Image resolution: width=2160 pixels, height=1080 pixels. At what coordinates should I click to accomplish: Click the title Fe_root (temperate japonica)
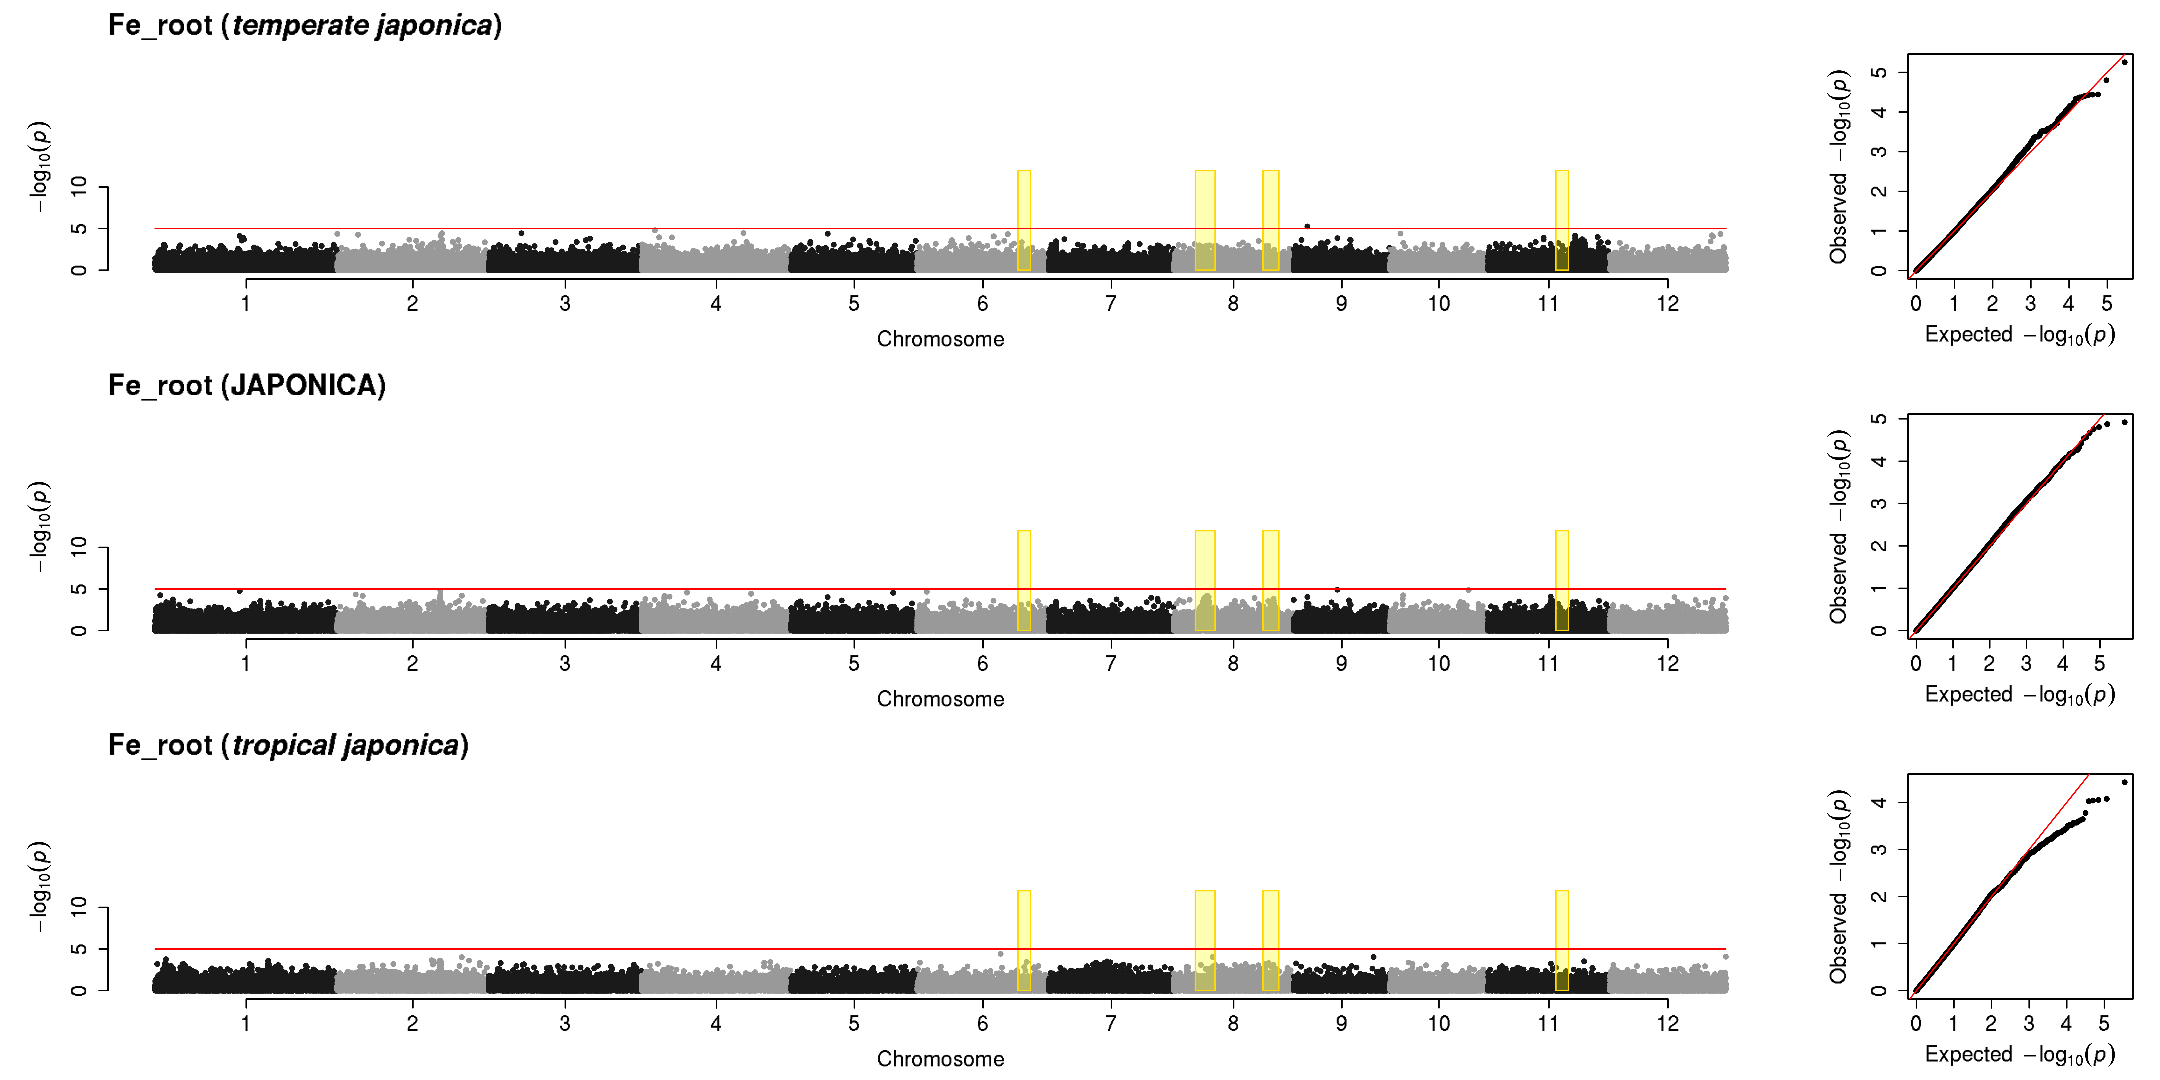[305, 25]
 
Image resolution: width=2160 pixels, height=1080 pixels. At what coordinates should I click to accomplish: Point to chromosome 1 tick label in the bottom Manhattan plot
[246, 1023]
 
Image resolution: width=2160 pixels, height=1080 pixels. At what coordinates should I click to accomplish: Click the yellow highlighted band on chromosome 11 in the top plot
[1561, 220]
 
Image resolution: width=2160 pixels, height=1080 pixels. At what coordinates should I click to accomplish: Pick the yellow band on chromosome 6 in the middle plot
[1024, 580]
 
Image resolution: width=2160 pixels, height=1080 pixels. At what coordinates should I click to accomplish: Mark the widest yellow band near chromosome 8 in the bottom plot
[1205, 940]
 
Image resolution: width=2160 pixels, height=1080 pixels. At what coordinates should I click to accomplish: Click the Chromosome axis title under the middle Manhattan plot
[940, 699]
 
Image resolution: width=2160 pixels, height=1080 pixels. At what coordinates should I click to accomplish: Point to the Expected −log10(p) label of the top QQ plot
[2019, 335]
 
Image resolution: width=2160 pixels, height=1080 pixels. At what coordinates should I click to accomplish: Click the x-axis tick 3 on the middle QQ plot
[2026, 663]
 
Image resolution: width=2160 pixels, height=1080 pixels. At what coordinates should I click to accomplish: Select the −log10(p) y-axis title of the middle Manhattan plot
[39, 527]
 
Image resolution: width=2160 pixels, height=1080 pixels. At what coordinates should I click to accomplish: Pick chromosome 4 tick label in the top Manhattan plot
[715, 304]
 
